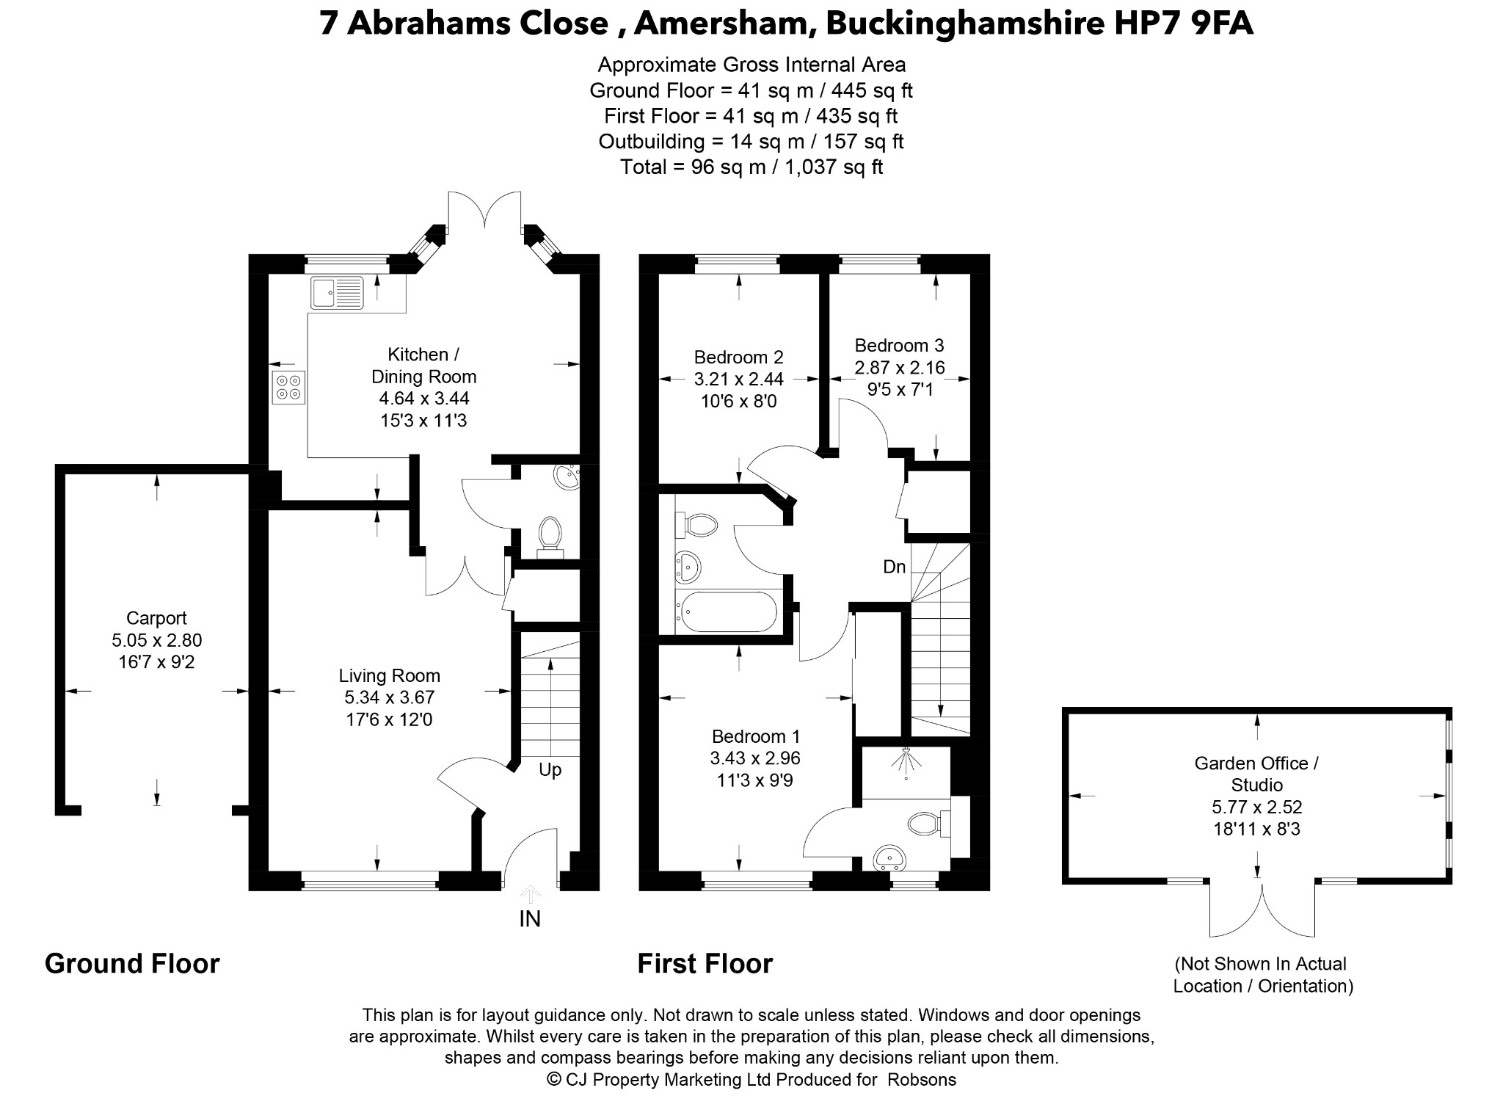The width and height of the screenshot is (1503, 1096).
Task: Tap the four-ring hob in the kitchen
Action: [x=288, y=388]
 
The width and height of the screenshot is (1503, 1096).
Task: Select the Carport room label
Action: [x=156, y=618]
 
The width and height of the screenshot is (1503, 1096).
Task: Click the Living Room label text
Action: [x=390, y=675]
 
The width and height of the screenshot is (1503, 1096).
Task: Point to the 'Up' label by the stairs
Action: [x=550, y=769]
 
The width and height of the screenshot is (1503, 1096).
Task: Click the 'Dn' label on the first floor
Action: [x=895, y=567]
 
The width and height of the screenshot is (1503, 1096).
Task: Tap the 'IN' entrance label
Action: [x=530, y=918]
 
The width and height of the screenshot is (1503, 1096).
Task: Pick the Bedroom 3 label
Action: [x=899, y=345]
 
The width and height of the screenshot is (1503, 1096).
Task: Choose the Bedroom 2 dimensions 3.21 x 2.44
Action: [x=739, y=380]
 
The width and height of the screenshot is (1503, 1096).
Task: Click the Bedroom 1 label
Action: [x=756, y=736]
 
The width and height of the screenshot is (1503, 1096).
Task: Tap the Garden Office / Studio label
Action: [x=1256, y=774]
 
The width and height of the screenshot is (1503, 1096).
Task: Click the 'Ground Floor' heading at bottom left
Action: [x=132, y=963]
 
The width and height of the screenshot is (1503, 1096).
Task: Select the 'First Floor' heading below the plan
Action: [x=705, y=963]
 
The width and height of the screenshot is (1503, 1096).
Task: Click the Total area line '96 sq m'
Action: [x=751, y=167]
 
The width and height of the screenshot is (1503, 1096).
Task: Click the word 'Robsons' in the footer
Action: [x=922, y=1079]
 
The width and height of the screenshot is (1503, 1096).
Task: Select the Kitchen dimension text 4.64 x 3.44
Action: [x=423, y=399]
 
